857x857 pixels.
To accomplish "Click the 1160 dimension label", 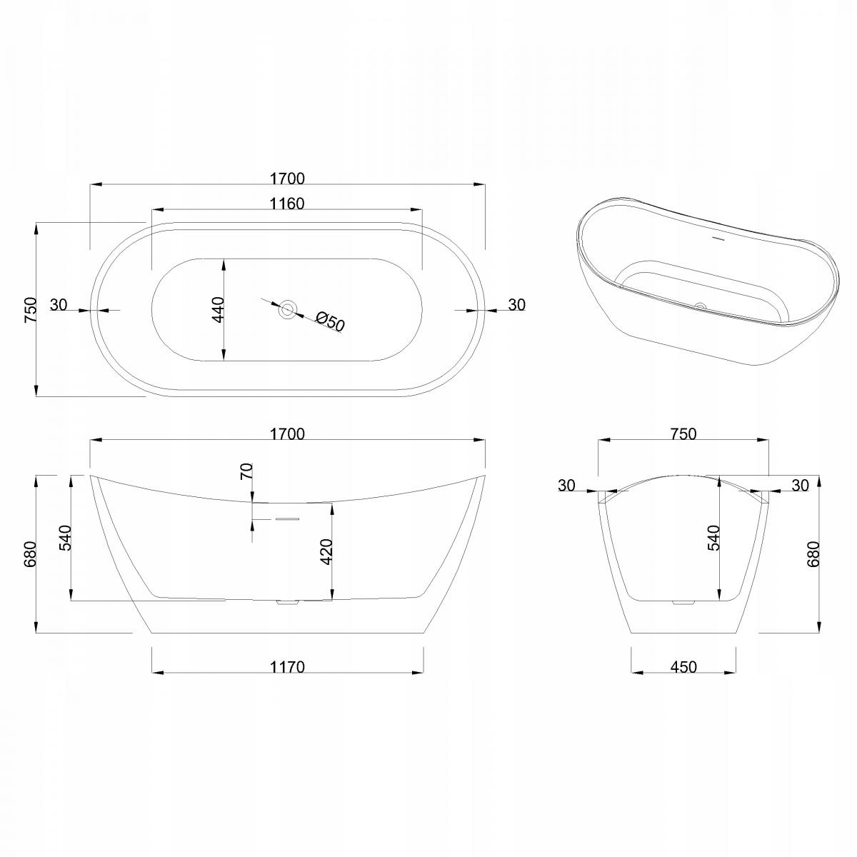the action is [287, 204].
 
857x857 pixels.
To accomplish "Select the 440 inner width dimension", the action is [218, 310].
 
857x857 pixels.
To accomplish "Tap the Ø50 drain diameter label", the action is [330, 321].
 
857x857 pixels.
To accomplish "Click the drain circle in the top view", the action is [287, 309].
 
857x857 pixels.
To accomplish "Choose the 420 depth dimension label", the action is [326, 552].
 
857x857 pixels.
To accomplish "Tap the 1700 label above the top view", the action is [287, 179].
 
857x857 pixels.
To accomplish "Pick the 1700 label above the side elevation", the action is [287, 433].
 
